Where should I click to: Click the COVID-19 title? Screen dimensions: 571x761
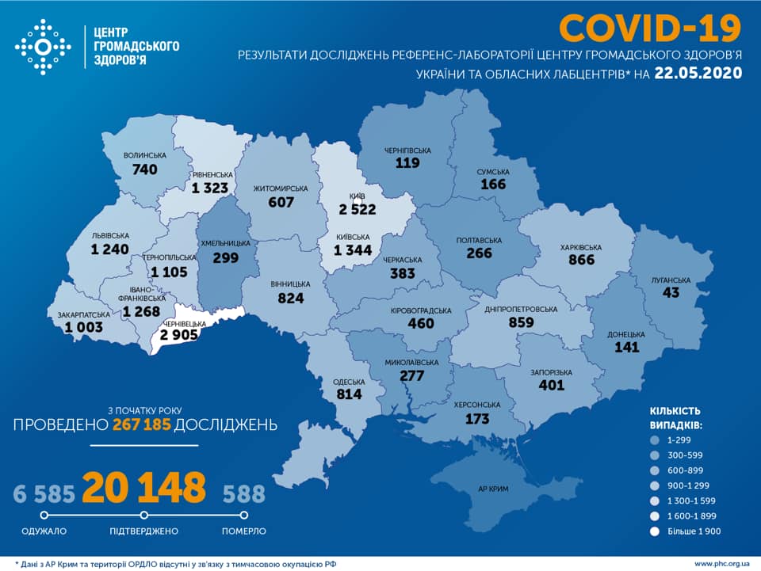click(650, 28)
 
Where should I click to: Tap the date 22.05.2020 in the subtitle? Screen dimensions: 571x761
click(698, 74)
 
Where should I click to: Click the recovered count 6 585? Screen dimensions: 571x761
click(44, 495)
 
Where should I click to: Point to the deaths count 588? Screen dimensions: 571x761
click(243, 495)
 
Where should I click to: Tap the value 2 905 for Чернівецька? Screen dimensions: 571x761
click(178, 336)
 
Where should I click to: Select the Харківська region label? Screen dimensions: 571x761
click(580, 247)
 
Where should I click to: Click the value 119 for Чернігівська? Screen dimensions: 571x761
click(408, 162)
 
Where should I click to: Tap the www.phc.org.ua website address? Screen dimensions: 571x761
click(721, 564)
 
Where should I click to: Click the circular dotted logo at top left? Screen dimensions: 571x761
click(43, 47)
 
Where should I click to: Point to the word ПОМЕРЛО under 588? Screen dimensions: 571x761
click(243, 531)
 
